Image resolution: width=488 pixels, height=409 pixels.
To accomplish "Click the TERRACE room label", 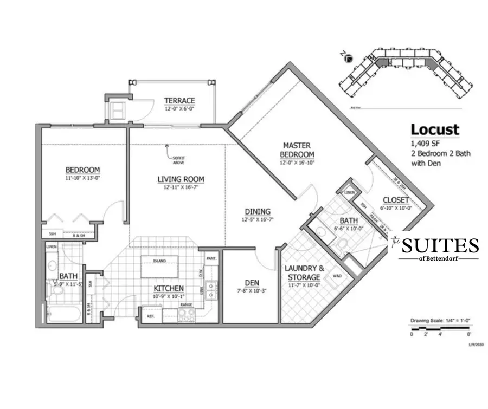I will tap(179, 101).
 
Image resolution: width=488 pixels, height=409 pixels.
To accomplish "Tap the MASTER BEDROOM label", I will tap(297, 149).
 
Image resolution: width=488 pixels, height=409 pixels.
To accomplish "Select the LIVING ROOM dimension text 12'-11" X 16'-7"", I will tap(181, 187).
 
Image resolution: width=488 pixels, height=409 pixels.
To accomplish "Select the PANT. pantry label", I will tap(211, 258).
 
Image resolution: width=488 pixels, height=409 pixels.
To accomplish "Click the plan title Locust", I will tap(434, 130).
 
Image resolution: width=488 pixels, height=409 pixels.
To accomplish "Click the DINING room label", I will tap(257, 212).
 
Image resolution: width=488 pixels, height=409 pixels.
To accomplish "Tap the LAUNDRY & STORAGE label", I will tap(306, 272).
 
